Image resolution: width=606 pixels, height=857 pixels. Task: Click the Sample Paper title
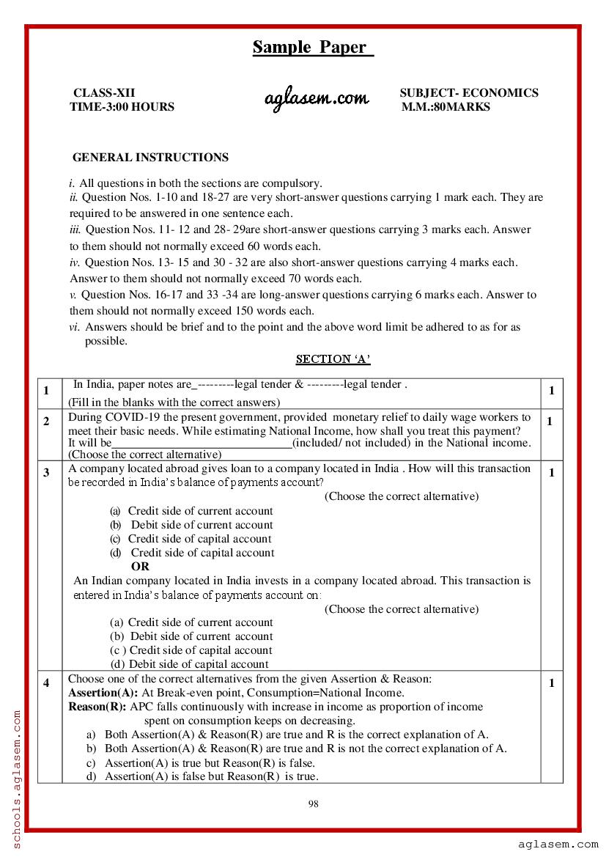tap(313, 48)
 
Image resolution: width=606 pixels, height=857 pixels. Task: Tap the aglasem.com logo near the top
tap(317, 99)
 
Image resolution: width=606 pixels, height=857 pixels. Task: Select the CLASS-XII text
tap(103, 93)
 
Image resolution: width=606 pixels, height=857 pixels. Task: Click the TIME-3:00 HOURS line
tap(122, 107)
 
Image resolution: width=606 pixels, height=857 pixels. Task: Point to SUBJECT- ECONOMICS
tap(468, 93)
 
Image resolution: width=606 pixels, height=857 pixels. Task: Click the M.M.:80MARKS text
tap(446, 107)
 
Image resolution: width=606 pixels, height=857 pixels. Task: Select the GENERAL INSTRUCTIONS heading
tap(150, 158)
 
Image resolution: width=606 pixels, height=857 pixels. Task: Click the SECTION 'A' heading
tap(333, 359)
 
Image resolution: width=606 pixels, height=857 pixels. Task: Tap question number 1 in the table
tap(46, 391)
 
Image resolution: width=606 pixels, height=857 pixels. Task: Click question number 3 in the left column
tap(46, 472)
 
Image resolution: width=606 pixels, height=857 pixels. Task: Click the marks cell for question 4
tap(552, 683)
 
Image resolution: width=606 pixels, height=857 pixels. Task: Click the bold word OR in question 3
tap(140, 567)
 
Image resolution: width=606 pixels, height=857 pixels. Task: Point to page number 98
tap(313, 804)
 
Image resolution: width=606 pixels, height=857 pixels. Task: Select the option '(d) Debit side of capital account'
tap(189, 664)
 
